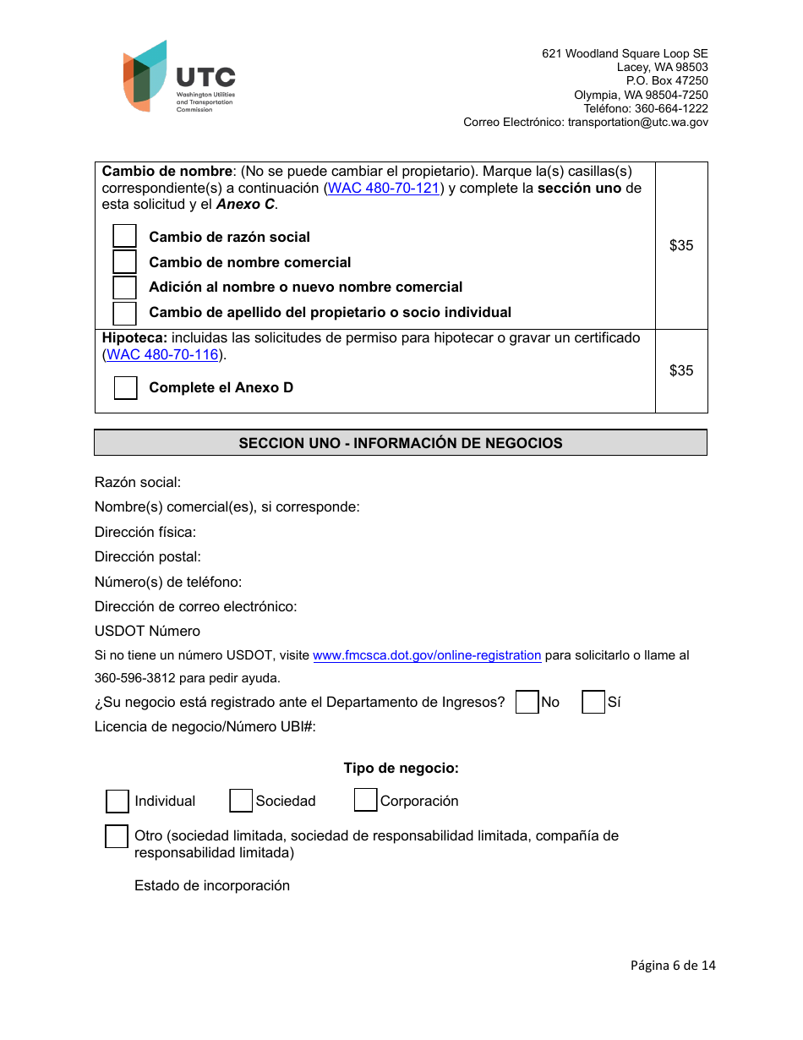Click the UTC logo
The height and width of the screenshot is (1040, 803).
click(178, 76)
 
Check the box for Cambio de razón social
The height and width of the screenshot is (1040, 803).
click(125, 237)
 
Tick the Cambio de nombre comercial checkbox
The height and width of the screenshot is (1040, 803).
click(125, 262)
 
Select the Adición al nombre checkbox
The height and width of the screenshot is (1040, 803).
click(125, 287)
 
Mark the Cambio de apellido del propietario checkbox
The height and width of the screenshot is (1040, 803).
click(125, 313)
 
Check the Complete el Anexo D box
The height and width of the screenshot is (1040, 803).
click(125, 388)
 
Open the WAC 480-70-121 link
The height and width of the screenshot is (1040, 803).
click(384, 189)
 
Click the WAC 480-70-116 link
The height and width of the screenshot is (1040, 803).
click(162, 355)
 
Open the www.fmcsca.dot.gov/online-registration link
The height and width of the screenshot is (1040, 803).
click(427, 655)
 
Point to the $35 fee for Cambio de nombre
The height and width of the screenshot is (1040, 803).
click(681, 245)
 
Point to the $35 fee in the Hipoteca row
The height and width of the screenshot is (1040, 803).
click(681, 370)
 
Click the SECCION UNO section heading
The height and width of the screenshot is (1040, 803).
click(401, 443)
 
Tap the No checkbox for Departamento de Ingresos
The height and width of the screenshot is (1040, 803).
click(527, 703)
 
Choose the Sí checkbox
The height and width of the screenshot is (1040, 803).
click(593, 703)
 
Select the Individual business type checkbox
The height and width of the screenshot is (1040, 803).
click(117, 802)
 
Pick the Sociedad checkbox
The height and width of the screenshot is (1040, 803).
click(241, 801)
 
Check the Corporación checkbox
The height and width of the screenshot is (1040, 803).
click(365, 800)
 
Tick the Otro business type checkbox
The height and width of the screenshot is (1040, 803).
click(117, 837)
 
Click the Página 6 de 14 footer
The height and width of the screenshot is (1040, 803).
click(673, 966)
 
